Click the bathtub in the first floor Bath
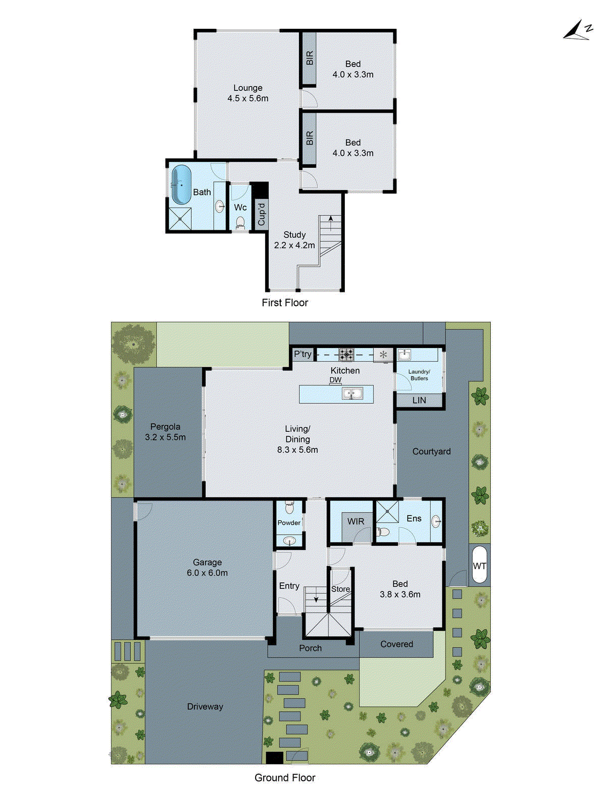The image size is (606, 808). (181, 185)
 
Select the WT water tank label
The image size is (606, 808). (479, 566)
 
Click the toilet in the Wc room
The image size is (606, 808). (240, 223)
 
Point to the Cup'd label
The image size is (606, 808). (261, 214)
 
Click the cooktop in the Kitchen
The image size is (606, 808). (346, 354)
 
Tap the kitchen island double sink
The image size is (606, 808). (352, 393)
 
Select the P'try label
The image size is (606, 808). (302, 354)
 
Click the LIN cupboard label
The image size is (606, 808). (419, 400)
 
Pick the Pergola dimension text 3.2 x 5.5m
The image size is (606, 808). (165, 437)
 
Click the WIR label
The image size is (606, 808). (356, 521)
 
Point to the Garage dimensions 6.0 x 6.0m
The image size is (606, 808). (207, 573)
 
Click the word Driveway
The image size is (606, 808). (205, 706)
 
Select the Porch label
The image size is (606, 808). (310, 648)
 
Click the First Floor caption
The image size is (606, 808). (285, 302)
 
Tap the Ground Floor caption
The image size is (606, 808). (285, 778)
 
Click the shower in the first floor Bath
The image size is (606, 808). (180, 219)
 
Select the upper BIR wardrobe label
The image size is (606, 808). (310, 58)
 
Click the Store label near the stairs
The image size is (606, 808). (340, 589)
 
